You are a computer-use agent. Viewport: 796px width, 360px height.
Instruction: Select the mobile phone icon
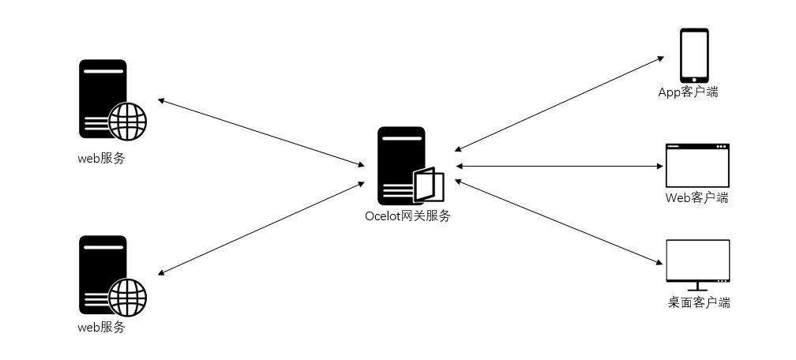coord(695,55)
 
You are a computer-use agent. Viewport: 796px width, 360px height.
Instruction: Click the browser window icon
coord(697,165)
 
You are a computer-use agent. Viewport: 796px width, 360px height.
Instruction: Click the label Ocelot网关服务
coord(407,216)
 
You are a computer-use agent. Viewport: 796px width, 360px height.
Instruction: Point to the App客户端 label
coord(689,92)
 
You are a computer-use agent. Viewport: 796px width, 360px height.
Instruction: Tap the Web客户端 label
coord(696,197)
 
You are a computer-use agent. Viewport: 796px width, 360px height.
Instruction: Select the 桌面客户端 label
coord(698,302)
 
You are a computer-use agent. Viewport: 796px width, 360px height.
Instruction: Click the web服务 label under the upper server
coord(101,158)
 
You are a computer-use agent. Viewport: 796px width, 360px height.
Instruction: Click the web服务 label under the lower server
coord(101,327)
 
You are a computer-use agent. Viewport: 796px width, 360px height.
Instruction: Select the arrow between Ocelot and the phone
coord(559,103)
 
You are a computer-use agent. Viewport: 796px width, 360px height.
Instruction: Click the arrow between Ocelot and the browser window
coord(559,166)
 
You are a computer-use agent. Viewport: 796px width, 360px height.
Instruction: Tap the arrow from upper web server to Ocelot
coord(261,133)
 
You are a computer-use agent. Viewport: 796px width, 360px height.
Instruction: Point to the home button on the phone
coord(695,78)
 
